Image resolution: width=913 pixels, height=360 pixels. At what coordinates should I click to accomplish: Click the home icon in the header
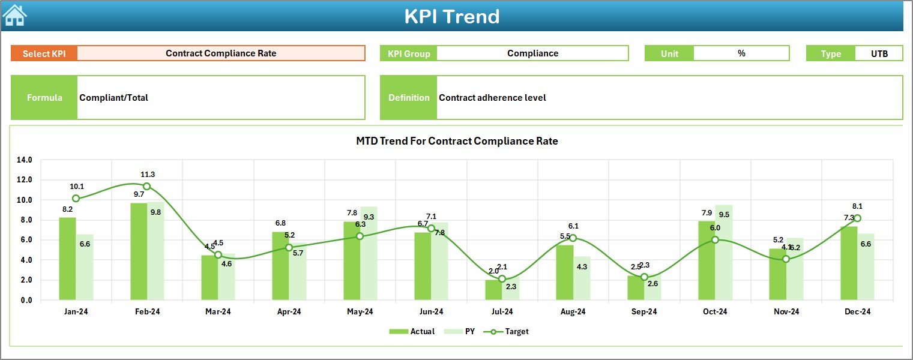(14, 15)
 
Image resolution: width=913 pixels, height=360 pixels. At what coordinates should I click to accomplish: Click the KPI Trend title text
(451, 16)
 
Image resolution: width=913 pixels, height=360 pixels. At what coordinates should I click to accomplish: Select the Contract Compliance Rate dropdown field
(221, 53)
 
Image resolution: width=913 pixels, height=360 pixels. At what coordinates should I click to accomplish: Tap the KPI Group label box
(409, 53)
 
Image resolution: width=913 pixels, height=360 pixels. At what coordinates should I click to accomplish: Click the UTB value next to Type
(879, 53)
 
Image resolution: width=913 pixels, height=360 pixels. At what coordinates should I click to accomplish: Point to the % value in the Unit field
(741, 53)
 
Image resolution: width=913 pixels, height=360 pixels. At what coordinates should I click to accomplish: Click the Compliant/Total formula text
(114, 98)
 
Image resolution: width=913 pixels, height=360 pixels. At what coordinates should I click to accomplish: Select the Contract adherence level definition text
(492, 98)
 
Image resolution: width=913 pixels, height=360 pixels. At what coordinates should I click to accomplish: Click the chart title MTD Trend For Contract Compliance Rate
(457, 142)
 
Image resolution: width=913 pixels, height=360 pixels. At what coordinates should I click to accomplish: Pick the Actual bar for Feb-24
(139, 252)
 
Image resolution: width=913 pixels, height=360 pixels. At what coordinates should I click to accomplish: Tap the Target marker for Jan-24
(76, 199)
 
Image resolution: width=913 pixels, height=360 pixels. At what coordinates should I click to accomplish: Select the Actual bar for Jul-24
(493, 290)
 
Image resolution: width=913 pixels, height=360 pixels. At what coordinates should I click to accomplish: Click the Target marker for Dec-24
(857, 218)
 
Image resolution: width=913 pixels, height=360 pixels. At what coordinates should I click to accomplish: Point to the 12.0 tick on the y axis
(25, 180)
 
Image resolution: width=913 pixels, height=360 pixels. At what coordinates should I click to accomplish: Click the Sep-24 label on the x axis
(644, 312)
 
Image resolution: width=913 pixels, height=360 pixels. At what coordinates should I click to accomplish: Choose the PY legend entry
(462, 331)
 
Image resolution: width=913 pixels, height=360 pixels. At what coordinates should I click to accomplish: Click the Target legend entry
(510, 331)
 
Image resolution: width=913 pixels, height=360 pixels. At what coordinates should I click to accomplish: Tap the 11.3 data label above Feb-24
(148, 175)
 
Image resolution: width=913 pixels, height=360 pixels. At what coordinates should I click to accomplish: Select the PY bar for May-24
(369, 254)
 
